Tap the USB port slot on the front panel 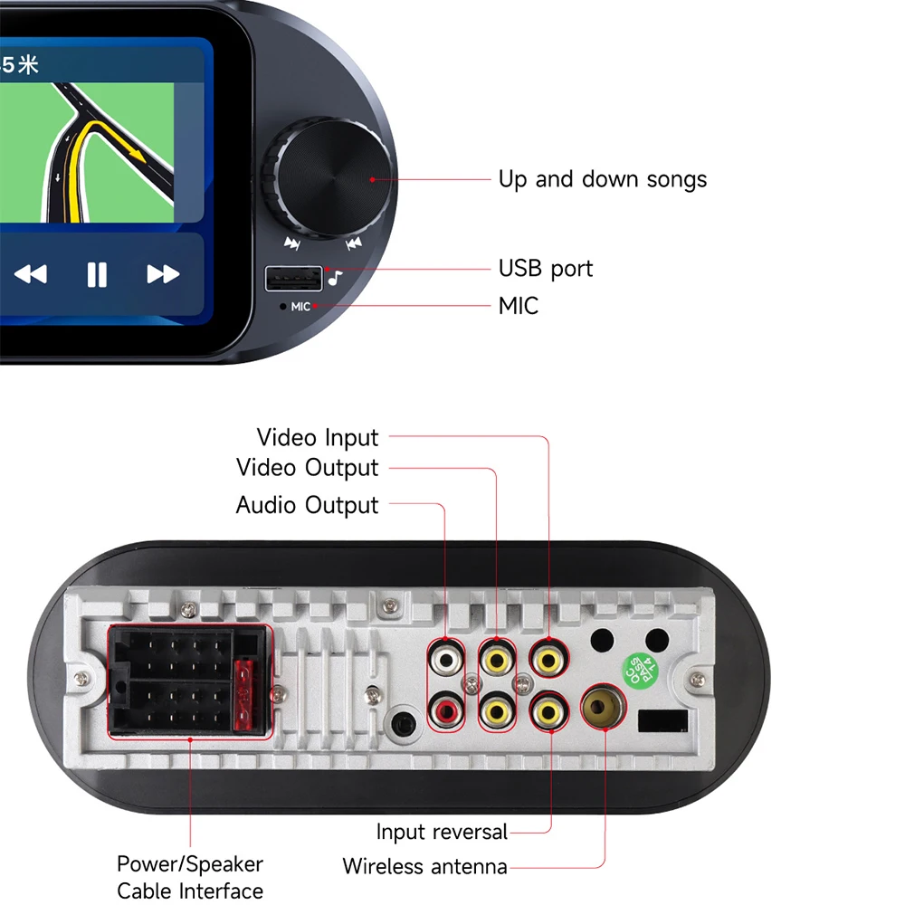293,279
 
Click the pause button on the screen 97,274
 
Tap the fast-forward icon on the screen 163,274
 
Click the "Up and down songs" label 603,179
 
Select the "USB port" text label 546,269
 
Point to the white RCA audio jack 446,659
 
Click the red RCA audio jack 446,711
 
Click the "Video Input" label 318,437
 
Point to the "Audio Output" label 307,505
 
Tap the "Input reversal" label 442,832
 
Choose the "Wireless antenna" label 424,866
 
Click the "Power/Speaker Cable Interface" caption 190,877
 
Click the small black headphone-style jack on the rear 404,723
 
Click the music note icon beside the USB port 336,278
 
